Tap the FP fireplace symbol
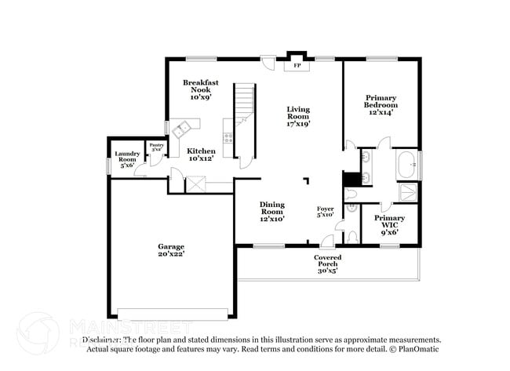(297, 66)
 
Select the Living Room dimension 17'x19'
(298, 123)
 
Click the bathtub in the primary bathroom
(406, 165)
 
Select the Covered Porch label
(327, 261)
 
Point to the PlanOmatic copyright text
(413, 348)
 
